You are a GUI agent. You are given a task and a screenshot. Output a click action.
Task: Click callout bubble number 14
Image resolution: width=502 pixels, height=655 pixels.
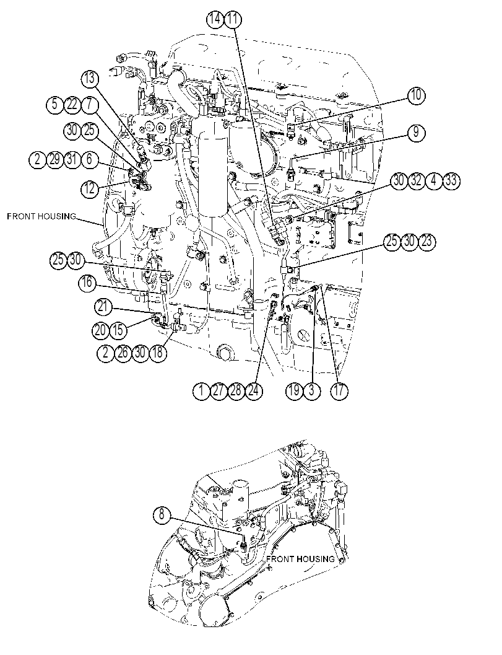(216, 19)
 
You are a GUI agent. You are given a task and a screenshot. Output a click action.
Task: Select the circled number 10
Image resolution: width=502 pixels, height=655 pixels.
(417, 95)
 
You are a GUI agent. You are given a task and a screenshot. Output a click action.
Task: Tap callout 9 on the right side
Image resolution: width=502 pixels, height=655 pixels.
(416, 133)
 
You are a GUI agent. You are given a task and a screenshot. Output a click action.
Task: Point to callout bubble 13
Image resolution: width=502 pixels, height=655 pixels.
(90, 79)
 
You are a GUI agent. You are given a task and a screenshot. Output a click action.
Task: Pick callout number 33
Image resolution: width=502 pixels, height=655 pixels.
(451, 181)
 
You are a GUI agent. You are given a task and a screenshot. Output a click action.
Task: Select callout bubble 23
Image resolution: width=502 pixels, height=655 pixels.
(427, 242)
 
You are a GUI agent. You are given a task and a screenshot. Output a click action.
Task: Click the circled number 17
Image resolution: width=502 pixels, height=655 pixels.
(339, 390)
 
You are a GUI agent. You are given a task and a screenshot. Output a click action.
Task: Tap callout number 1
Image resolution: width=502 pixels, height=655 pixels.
(202, 390)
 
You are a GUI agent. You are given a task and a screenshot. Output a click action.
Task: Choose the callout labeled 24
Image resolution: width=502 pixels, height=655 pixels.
(254, 390)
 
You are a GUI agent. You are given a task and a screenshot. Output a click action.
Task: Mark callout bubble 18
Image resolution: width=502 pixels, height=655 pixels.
(157, 353)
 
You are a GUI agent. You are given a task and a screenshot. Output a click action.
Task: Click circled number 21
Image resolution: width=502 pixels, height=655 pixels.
(103, 307)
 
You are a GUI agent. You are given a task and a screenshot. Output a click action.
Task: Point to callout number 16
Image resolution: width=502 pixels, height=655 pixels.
(87, 283)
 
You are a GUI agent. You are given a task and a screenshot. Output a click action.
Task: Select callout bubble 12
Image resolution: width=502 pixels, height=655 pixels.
(90, 189)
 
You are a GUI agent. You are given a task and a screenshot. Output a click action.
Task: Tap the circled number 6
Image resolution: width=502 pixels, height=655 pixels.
(90, 160)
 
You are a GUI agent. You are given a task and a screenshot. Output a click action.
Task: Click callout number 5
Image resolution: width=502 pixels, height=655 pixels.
(55, 104)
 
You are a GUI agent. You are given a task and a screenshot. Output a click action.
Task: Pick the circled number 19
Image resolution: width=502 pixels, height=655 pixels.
(294, 390)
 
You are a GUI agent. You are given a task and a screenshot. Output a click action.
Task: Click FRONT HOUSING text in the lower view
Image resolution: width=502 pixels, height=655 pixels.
(300, 559)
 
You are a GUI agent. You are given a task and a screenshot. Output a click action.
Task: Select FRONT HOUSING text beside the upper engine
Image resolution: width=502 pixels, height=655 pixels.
(41, 216)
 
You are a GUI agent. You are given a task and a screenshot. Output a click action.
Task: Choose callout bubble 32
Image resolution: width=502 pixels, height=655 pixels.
(416, 181)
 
